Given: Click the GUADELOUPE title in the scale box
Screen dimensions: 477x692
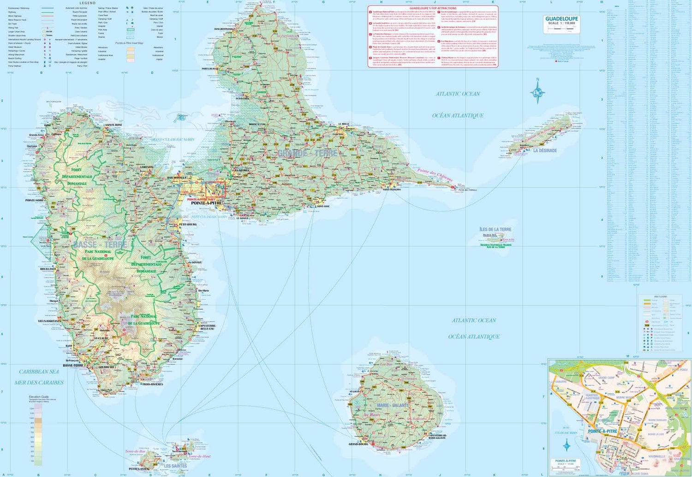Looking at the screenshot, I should (x=561, y=18).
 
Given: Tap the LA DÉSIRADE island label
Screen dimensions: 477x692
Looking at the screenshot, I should (x=545, y=151).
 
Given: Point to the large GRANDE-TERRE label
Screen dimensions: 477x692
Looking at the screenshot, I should (x=307, y=153).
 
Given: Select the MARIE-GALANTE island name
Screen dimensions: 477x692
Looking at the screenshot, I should (x=393, y=406).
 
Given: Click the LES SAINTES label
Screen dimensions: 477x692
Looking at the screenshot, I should (x=176, y=466).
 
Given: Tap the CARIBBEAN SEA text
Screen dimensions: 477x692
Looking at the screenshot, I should (x=39, y=371).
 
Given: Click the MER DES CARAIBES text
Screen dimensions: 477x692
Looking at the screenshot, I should (x=39, y=383).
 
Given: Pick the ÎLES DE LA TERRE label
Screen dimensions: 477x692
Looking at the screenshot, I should (x=495, y=229).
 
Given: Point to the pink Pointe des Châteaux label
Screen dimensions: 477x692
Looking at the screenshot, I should (x=435, y=175).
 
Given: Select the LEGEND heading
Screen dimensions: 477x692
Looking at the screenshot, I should (x=87, y=3).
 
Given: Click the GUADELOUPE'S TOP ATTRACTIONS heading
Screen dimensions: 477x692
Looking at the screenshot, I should (x=433, y=8).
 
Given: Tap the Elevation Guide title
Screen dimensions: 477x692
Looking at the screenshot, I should (x=39, y=397).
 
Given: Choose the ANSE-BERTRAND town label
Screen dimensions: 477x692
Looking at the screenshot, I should (x=223, y=29).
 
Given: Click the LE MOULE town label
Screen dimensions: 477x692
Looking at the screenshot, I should (x=344, y=124).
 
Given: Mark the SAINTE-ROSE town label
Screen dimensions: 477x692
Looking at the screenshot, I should (x=113, y=125).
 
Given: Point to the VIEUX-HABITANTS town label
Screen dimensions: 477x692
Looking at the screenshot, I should (x=49, y=321).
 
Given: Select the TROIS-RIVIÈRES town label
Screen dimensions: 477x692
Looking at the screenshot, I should (x=152, y=384).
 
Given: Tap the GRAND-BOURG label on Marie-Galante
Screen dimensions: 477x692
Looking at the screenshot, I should (x=358, y=444).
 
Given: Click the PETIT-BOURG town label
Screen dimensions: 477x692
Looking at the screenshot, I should (x=187, y=224).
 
